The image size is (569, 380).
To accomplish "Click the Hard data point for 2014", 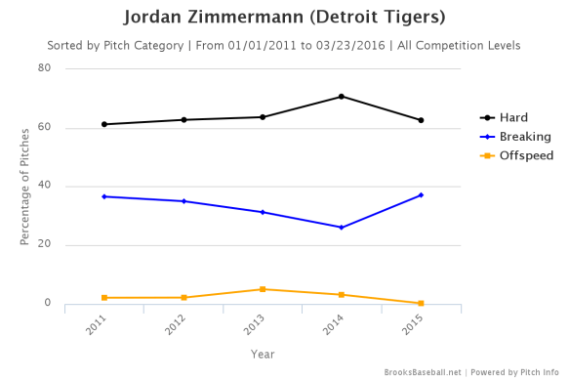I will click(x=342, y=97).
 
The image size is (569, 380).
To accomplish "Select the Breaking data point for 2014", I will click(x=342, y=228).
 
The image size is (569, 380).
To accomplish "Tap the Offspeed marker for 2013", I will click(x=263, y=289).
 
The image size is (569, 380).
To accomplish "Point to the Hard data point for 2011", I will click(x=104, y=124).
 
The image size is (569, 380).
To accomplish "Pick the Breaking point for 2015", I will click(x=421, y=195).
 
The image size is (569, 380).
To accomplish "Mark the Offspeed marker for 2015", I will click(x=421, y=304).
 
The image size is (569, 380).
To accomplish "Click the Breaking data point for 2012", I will click(x=183, y=201).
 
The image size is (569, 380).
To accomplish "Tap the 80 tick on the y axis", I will click(x=45, y=68).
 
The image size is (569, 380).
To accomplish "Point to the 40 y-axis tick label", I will click(x=45, y=187).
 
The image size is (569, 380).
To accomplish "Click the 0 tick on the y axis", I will click(x=48, y=304).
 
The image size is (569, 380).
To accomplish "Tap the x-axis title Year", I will click(x=263, y=353).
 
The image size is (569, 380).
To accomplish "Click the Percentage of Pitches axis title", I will click(x=26, y=187).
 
